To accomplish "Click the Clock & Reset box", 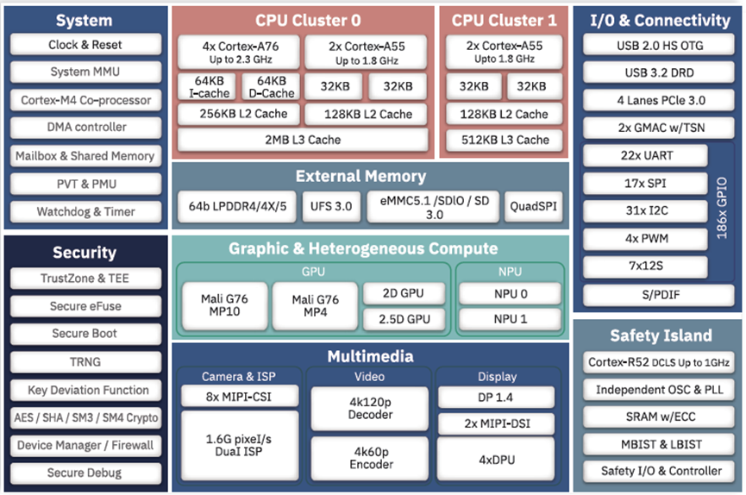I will (85, 45).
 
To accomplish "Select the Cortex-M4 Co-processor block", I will (85, 100).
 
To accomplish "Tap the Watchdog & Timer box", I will (85, 211).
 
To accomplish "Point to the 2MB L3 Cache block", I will (302, 140).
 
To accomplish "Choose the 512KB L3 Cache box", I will (504, 140).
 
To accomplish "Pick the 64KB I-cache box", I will (202, 87).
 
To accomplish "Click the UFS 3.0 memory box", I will (331, 207).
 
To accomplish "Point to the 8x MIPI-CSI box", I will (239, 398).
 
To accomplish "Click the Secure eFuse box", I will (85, 306).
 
